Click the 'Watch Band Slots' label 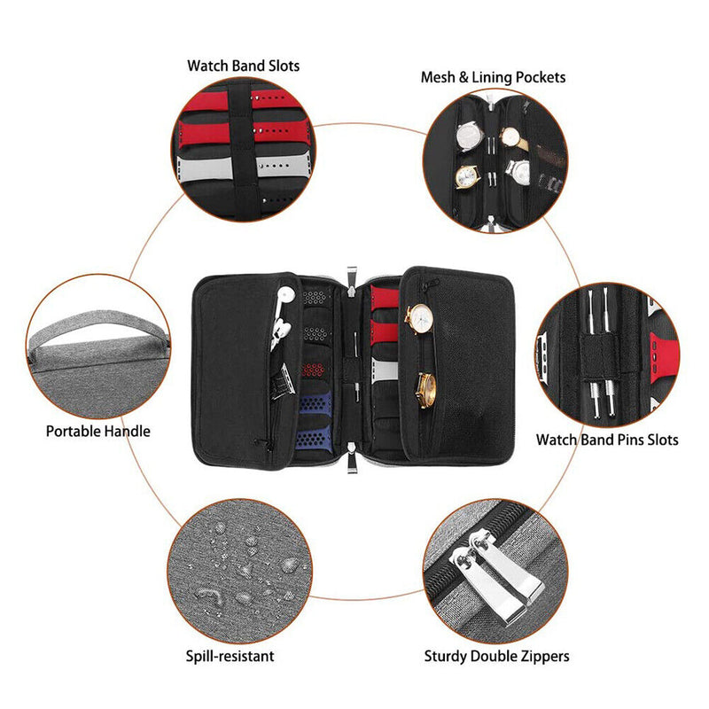(243, 66)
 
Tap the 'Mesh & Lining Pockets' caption (493, 77)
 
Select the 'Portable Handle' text (98, 431)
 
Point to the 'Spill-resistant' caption (230, 656)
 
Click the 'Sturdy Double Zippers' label (496, 656)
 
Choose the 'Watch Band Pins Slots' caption (607, 440)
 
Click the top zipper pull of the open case (352, 281)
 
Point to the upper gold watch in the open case (418, 319)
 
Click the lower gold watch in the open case (426, 390)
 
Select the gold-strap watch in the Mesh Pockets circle (514, 138)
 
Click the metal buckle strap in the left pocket (283, 381)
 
